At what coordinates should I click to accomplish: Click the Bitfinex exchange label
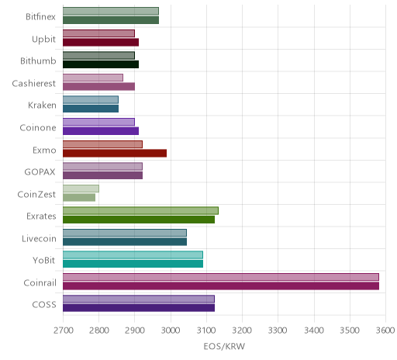pyautogui.click(x=40, y=17)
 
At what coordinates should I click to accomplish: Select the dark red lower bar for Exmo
pyautogui.click(x=115, y=154)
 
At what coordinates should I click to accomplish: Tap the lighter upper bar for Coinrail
pyautogui.click(x=221, y=277)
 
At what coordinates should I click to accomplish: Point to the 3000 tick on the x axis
pyautogui.click(x=171, y=331)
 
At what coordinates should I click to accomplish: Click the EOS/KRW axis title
pyautogui.click(x=224, y=346)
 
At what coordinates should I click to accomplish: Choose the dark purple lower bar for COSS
pyautogui.click(x=139, y=308)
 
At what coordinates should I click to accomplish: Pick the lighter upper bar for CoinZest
pyautogui.click(x=81, y=189)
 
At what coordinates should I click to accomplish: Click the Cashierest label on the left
pyautogui.click(x=34, y=84)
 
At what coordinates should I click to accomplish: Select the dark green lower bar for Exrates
pyautogui.click(x=139, y=220)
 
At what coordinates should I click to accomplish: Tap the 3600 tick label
pyautogui.click(x=385, y=331)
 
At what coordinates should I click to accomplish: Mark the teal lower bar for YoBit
pyautogui.click(x=133, y=264)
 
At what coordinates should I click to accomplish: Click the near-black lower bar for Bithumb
pyautogui.click(x=101, y=64)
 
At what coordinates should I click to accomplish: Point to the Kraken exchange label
pyautogui.click(x=42, y=106)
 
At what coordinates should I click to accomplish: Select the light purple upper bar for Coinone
pyautogui.click(x=98, y=122)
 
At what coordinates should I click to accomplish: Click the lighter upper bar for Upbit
pyautogui.click(x=98, y=33)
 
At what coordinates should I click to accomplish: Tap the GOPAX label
pyautogui.click(x=40, y=172)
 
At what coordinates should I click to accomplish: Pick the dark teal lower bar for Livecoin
pyautogui.click(x=125, y=242)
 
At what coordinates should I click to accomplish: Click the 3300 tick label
pyautogui.click(x=278, y=331)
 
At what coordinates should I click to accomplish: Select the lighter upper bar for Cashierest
pyautogui.click(x=93, y=78)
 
